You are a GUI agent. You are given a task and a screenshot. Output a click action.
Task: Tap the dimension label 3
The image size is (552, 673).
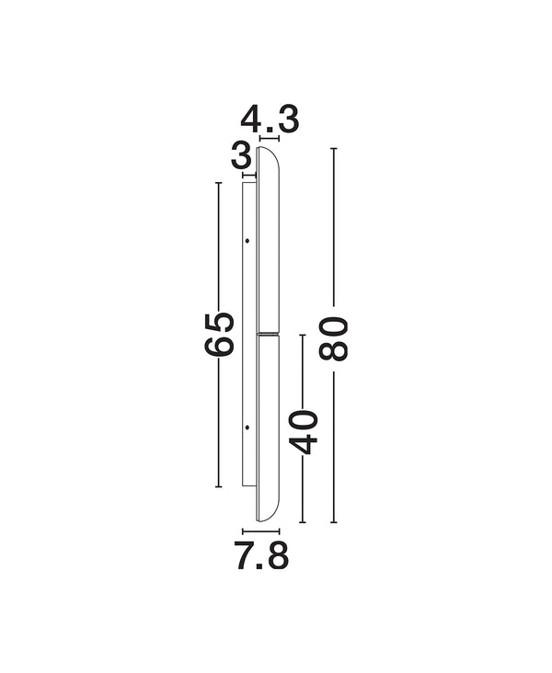click(241, 156)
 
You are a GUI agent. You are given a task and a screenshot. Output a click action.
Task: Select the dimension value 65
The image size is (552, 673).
click(219, 335)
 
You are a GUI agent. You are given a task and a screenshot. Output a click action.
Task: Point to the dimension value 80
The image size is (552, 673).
click(333, 338)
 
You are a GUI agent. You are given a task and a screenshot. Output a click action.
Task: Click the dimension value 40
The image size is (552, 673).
click(303, 432)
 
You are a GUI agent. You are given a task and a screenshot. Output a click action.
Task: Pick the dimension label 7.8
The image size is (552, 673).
click(261, 556)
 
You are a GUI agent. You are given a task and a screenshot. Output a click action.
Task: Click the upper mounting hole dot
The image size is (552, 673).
click(247, 241)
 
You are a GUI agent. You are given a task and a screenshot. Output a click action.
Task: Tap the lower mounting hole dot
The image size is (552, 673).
click(247, 428)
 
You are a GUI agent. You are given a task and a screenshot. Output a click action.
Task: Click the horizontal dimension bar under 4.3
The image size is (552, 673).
click(270, 138)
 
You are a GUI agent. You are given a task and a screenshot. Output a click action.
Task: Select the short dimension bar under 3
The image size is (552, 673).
click(249, 175)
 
